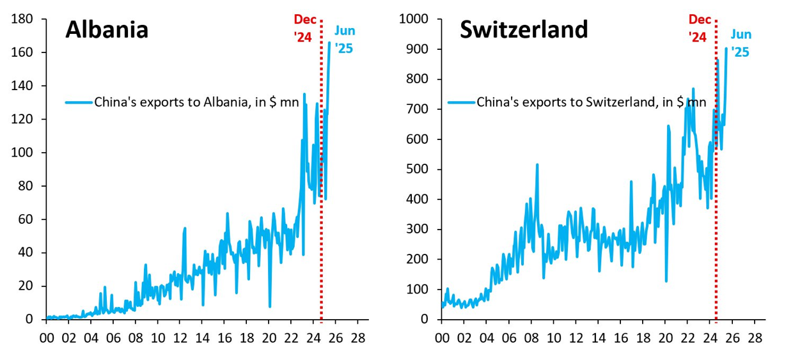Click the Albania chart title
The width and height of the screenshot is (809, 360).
(x=107, y=30)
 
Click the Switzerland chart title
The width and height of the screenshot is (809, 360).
(x=524, y=30)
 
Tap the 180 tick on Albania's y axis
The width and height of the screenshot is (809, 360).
(x=24, y=19)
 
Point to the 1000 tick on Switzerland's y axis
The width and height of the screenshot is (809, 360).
(x=414, y=19)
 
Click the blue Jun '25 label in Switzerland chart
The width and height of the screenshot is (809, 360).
(x=741, y=42)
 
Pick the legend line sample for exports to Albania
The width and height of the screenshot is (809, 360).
(x=79, y=102)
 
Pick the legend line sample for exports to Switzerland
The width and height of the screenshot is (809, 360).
(x=461, y=102)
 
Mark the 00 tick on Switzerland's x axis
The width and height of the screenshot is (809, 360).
(x=441, y=336)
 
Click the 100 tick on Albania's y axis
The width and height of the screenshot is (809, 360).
(x=24, y=153)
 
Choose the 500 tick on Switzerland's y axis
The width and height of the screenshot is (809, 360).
(x=417, y=169)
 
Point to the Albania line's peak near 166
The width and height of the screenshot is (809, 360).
(x=329, y=42)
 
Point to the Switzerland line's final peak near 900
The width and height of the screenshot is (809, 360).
(x=726, y=49)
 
